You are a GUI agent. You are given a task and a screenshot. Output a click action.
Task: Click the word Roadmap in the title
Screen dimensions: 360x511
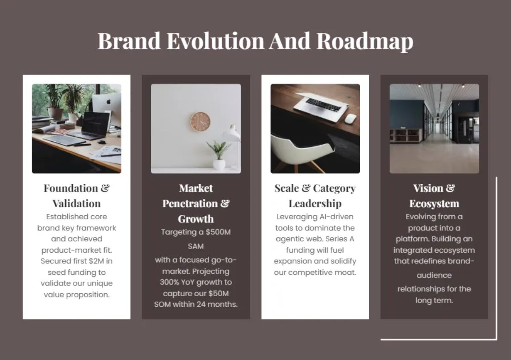pos(365,41)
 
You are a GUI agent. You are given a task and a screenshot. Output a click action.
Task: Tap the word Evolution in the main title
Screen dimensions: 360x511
pos(215,41)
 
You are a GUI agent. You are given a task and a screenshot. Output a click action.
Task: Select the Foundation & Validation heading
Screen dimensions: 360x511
pos(77,195)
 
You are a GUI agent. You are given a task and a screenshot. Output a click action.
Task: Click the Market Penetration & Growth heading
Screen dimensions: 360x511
pos(196,203)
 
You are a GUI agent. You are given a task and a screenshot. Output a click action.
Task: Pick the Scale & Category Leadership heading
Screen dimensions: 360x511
pos(315,195)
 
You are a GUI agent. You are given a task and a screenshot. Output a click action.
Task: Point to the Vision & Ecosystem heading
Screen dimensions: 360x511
pos(434,195)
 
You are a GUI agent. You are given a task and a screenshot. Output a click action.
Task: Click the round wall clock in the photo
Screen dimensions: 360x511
pos(200,121)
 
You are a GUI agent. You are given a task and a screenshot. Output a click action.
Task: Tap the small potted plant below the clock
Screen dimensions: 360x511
pos(219,155)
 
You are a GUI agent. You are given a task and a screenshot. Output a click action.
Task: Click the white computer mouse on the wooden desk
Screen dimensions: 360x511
pos(350,119)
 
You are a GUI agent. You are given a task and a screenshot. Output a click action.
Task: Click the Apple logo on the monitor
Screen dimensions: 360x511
pos(108,102)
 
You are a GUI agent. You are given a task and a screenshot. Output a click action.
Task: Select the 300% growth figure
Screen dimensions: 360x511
pos(169,282)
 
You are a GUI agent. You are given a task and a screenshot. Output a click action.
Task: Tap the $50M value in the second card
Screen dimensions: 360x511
pos(219,293)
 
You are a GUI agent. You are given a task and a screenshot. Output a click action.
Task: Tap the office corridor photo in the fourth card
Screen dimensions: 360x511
pos(434,129)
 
